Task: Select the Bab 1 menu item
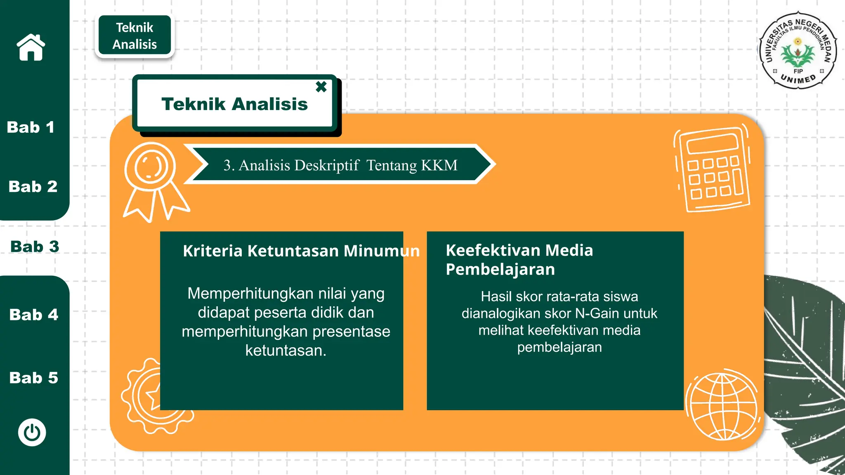[31, 127]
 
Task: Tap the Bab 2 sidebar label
[33, 187]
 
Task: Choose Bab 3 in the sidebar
[35, 247]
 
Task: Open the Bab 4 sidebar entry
[34, 315]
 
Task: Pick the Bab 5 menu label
[34, 378]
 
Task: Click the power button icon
[32, 433]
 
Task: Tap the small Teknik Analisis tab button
[135, 36]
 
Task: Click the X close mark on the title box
[321, 87]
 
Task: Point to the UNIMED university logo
[798, 49]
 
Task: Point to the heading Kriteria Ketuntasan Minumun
[301, 251]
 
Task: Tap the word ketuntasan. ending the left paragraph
[286, 350]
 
